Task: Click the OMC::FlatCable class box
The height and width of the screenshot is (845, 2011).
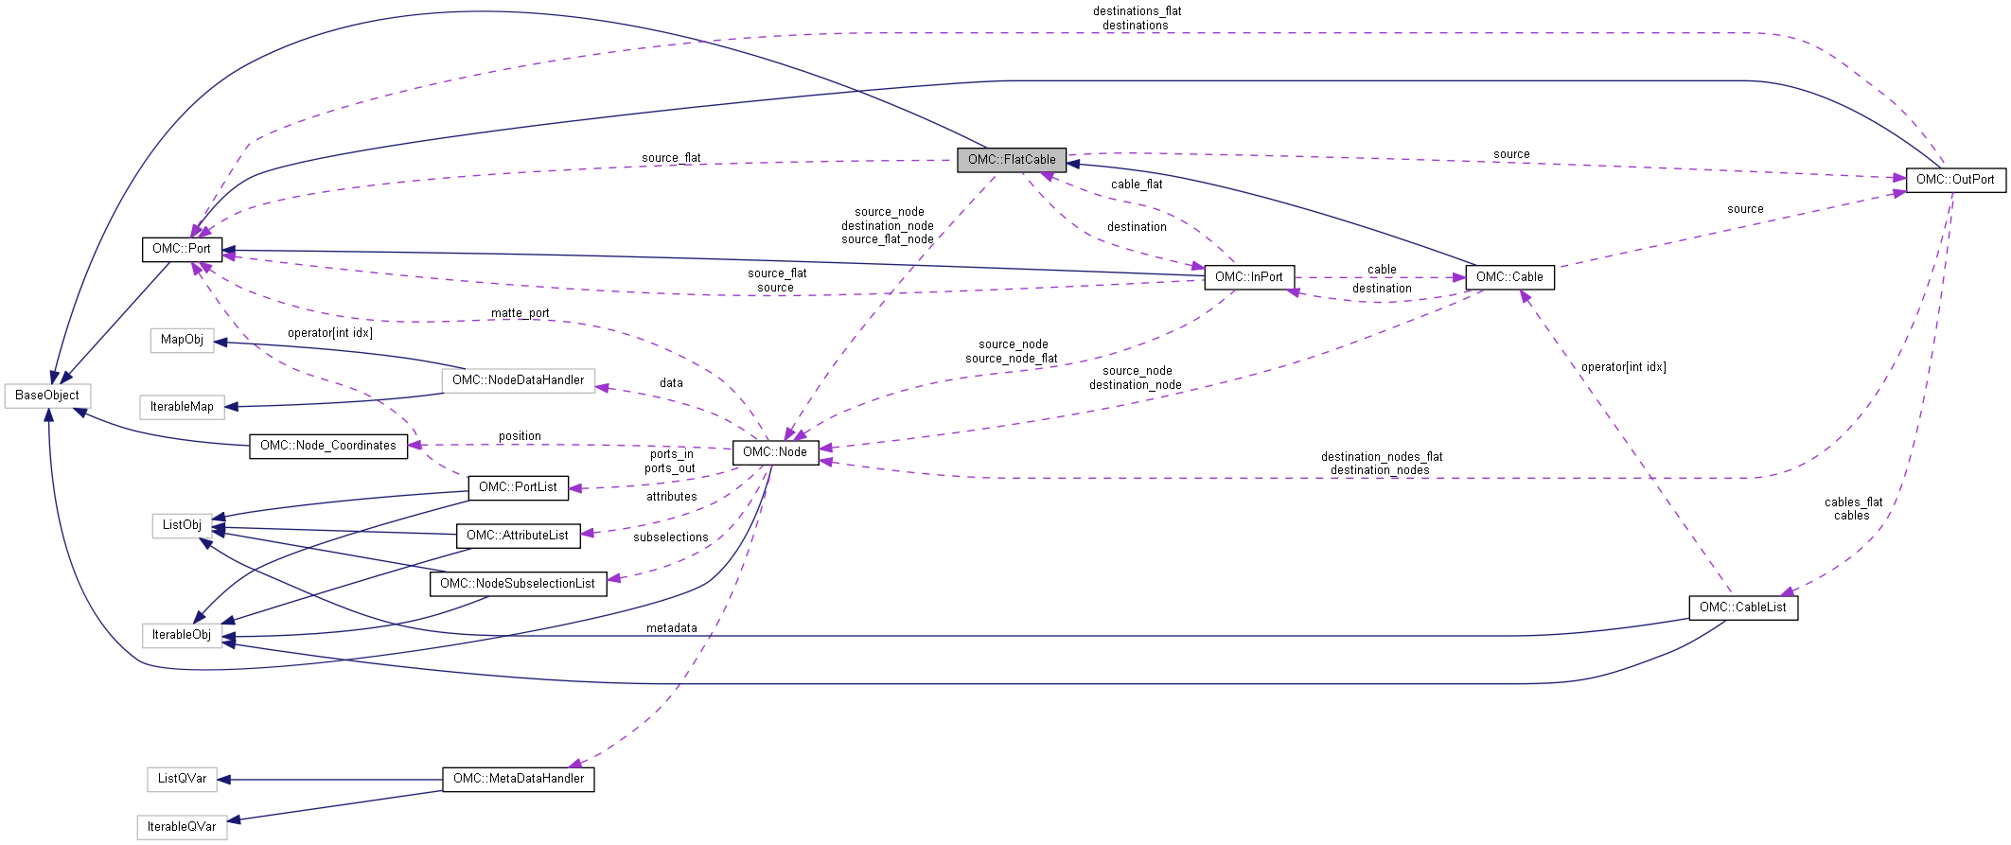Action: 1012,159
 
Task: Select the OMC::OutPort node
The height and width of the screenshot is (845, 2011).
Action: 1955,179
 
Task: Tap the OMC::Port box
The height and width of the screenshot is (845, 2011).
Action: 182,248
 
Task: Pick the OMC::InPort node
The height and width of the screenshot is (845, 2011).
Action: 1249,276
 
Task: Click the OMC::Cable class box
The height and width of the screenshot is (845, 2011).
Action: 1509,276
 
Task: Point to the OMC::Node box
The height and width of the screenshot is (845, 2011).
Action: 775,451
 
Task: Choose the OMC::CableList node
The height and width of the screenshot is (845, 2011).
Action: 1743,607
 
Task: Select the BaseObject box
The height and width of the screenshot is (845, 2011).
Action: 47,395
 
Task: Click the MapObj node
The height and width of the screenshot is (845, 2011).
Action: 182,339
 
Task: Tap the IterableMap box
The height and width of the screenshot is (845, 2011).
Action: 182,406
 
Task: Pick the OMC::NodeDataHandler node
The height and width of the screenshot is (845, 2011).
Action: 519,379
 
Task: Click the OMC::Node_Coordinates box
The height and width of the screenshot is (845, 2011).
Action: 328,445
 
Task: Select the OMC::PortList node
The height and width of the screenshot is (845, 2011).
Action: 519,486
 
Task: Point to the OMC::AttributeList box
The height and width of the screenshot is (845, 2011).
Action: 519,535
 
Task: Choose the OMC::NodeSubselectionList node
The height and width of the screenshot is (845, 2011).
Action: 519,583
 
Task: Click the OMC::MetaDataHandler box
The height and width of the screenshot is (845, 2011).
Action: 519,778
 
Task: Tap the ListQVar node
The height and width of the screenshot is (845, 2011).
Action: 182,778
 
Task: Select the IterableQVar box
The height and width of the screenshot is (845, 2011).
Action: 182,826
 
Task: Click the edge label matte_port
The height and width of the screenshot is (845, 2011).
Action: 520,313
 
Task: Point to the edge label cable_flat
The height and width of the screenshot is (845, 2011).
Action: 1137,185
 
